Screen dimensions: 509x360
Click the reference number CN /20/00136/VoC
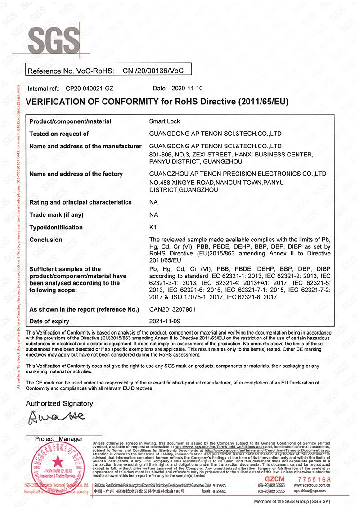click(153, 71)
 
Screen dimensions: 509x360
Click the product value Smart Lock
click(165, 121)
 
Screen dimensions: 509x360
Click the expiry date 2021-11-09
click(165, 321)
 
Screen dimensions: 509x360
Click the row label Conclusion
click(46, 240)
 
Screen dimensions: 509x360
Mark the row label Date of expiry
click(49, 321)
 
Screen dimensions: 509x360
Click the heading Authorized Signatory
click(59, 403)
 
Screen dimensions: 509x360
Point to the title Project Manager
click(59, 439)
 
